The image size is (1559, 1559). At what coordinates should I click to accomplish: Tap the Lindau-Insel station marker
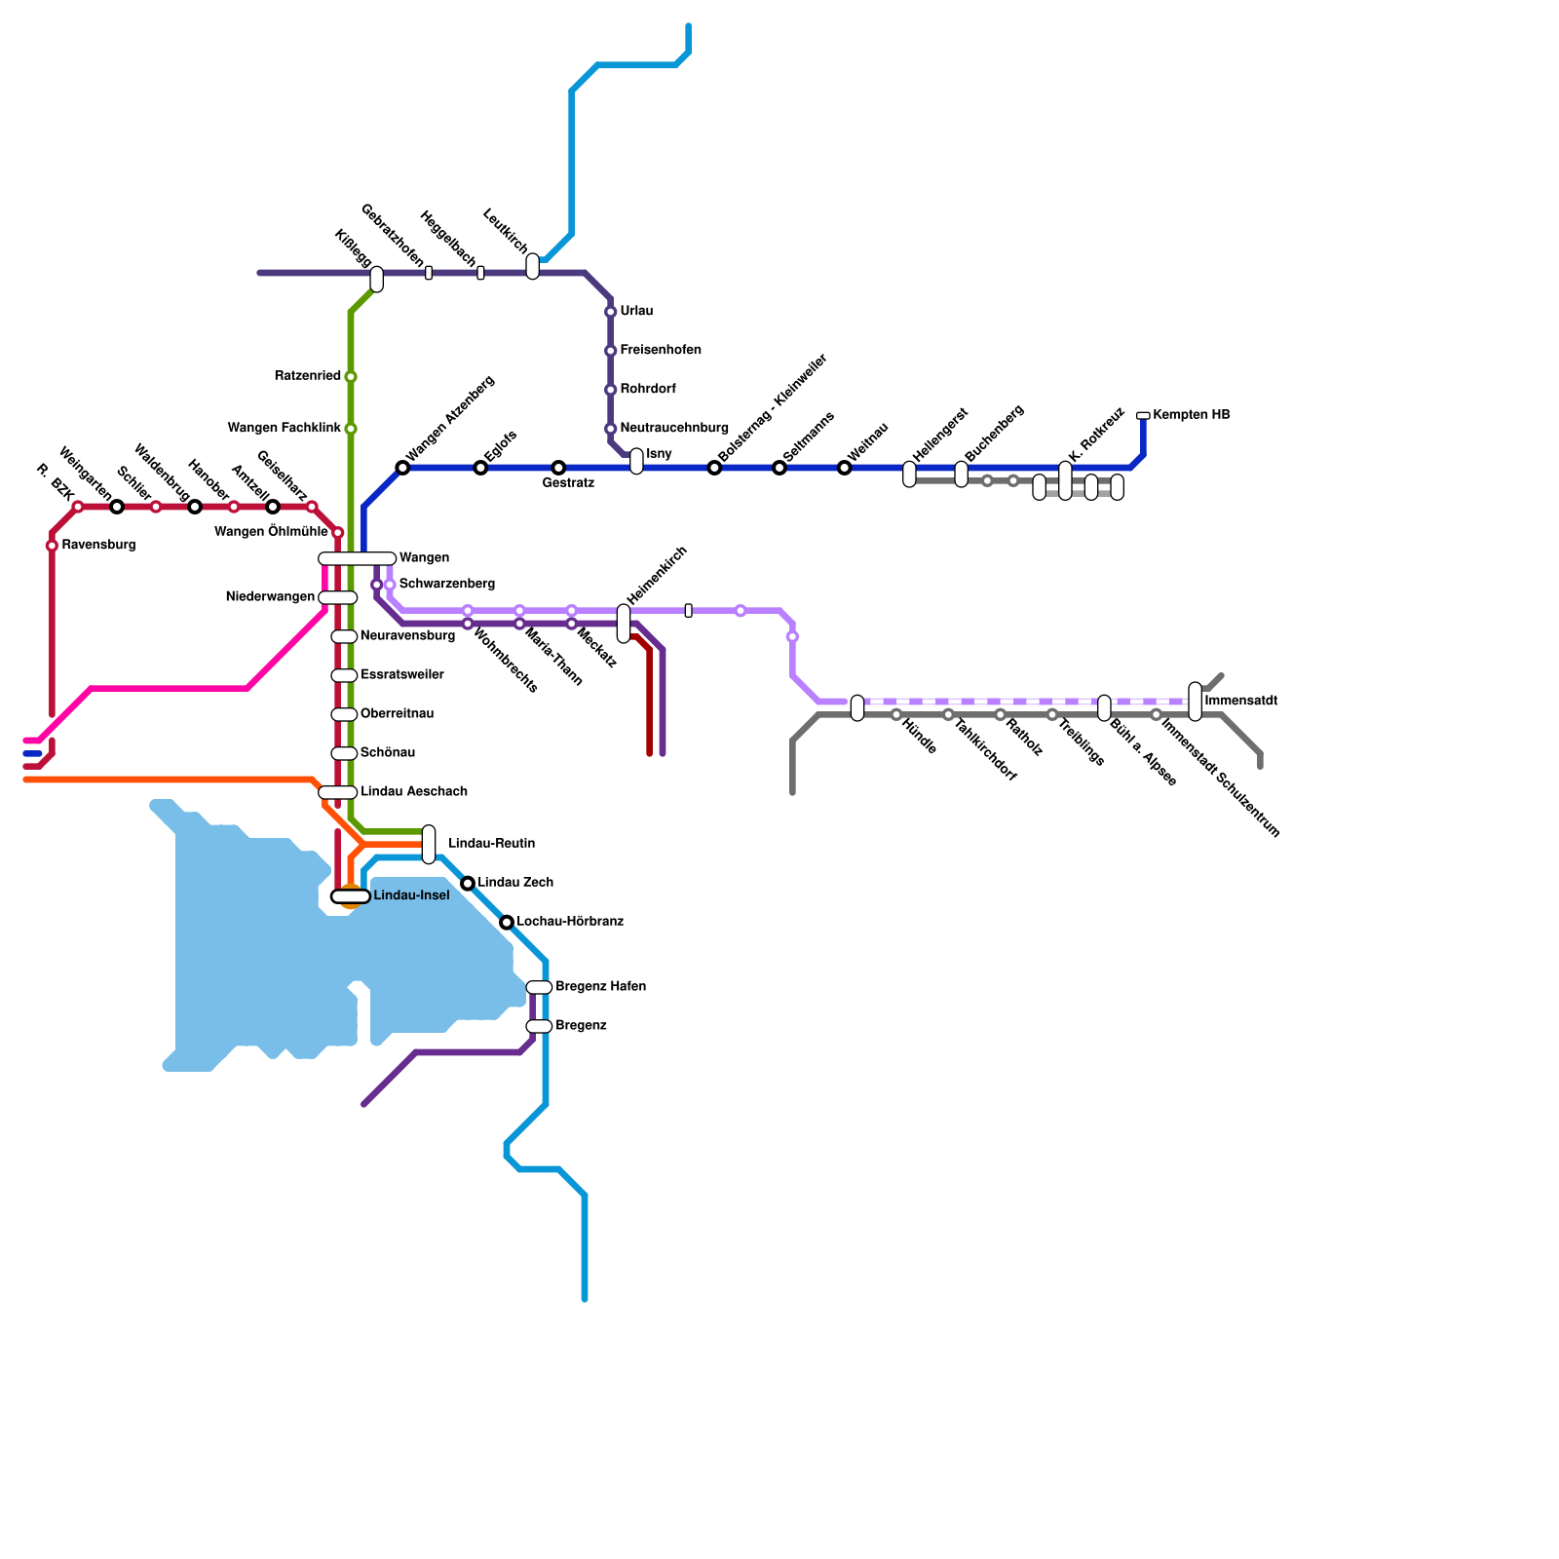(351, 896)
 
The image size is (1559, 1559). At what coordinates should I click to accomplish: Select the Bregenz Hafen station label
(600, 987)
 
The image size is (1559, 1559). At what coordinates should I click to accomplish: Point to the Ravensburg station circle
(52, 546)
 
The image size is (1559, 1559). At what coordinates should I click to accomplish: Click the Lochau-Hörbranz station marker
(507, 922)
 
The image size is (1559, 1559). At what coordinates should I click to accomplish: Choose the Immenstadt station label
(1240, 702)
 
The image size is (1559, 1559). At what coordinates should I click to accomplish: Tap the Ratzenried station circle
(351, 377)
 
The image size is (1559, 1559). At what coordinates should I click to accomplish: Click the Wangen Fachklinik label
(285, 429)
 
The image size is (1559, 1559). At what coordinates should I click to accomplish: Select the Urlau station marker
(611, 312)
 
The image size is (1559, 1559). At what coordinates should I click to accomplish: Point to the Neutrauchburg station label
(674, 429)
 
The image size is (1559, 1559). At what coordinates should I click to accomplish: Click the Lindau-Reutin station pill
(429, 844)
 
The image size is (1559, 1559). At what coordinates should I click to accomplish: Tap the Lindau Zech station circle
(468, 883)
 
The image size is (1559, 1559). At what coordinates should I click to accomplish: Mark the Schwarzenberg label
(447, 585)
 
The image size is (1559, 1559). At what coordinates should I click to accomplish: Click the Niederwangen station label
(270, 597)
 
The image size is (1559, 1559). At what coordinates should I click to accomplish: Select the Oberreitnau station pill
(344, 714)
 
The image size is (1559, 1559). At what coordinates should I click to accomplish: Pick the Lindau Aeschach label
(414, 792)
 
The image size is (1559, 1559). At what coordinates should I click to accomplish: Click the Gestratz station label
(568, 483)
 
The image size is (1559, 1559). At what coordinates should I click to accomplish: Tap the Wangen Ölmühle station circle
(338, 533)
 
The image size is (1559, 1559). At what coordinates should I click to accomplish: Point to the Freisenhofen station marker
(611, 351)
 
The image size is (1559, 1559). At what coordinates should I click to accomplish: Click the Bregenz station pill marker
(539, 1026)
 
